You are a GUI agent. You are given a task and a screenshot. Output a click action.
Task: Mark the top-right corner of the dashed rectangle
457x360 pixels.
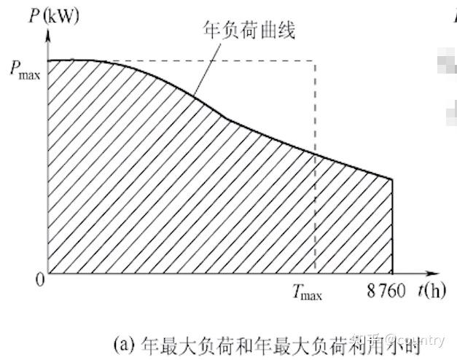click(x=315, y=60)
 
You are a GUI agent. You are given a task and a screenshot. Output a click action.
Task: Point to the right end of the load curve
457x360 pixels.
click(x=392, y=179)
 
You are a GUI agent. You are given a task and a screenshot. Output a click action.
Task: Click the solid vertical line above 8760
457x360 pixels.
click(x=392, y=226)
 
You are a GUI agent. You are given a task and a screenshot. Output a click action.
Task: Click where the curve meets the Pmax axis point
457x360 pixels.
click(x=47, y=60)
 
